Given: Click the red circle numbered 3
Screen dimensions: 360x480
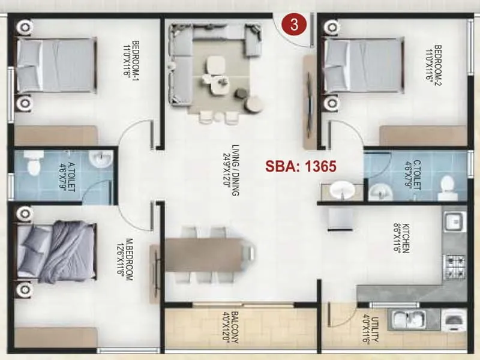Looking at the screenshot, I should (x=294, y=25).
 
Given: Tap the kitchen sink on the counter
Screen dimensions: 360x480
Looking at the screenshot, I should (x=454, y=221).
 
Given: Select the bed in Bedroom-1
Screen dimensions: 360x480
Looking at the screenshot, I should (x=55, y=66).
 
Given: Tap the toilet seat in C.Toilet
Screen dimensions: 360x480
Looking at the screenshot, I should (x=447, y=187).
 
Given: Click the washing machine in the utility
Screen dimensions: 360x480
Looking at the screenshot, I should (x=454, y=320).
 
